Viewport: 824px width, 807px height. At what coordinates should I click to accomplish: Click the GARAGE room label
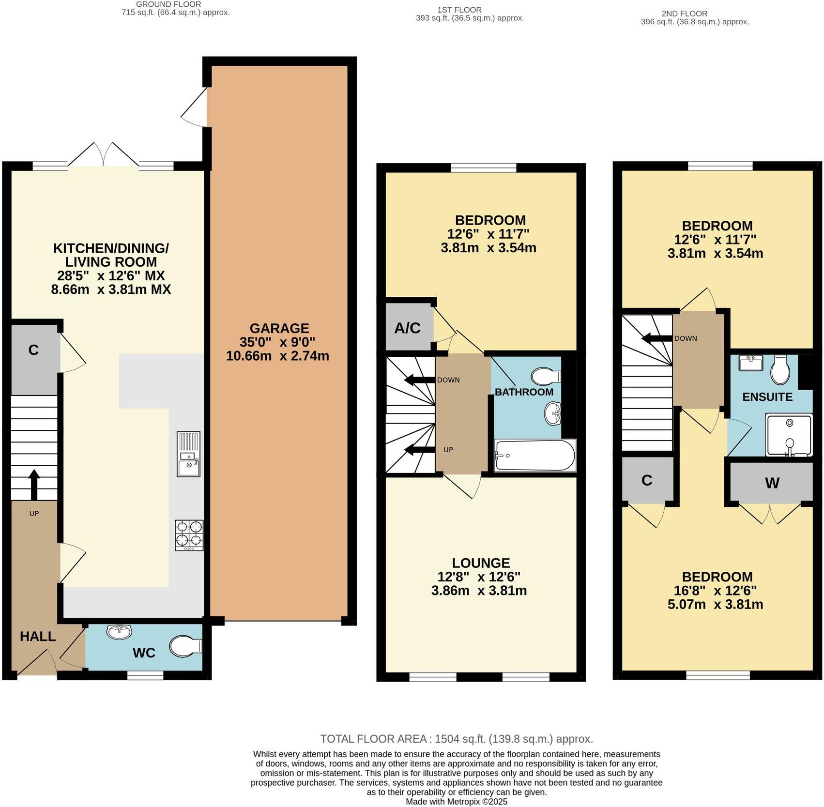pos(279,328)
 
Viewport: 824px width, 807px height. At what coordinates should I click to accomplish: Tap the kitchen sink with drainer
pos(188,454)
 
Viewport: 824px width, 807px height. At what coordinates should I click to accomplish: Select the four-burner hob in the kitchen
pos(189,534)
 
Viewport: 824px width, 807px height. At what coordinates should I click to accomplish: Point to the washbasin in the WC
pos(119,632)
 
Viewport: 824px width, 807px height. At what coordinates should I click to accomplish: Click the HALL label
pos(38,636)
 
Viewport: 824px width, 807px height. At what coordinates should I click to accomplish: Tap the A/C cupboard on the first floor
pos(408,328)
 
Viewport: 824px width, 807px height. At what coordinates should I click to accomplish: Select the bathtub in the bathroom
pos(534,456)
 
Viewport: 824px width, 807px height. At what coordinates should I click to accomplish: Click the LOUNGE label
pos(481,563)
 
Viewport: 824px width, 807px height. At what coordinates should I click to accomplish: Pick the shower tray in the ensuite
pos(789,435)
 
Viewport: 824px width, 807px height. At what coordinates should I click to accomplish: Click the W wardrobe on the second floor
pos(772,483)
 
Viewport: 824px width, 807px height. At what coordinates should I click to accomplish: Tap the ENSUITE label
pos(767,397)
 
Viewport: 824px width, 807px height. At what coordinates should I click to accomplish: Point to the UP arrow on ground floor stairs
pos(34,484)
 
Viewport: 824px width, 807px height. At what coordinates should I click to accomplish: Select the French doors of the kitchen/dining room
pos(103,154)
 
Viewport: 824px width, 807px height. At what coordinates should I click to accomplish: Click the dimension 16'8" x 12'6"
pos(715,591)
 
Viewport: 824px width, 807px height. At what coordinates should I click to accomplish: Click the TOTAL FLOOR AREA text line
pos(456,739)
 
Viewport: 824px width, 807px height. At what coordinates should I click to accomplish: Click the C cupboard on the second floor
pos(647,480)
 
